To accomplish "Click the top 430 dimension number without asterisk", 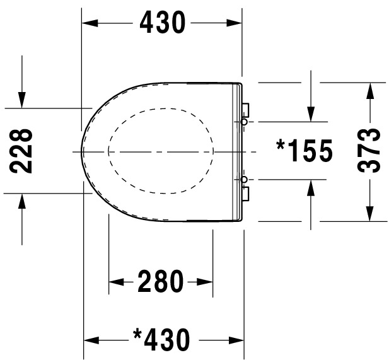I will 163,23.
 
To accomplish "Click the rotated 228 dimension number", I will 23,151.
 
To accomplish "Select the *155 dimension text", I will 305,151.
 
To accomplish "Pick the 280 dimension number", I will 161,282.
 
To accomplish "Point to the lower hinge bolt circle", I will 244,180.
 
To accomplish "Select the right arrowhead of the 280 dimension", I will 205,282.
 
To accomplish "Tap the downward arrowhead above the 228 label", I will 22,99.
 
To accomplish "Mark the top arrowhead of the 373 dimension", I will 369,90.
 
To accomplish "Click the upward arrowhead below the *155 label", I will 311,189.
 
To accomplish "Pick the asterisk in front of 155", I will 282,144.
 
